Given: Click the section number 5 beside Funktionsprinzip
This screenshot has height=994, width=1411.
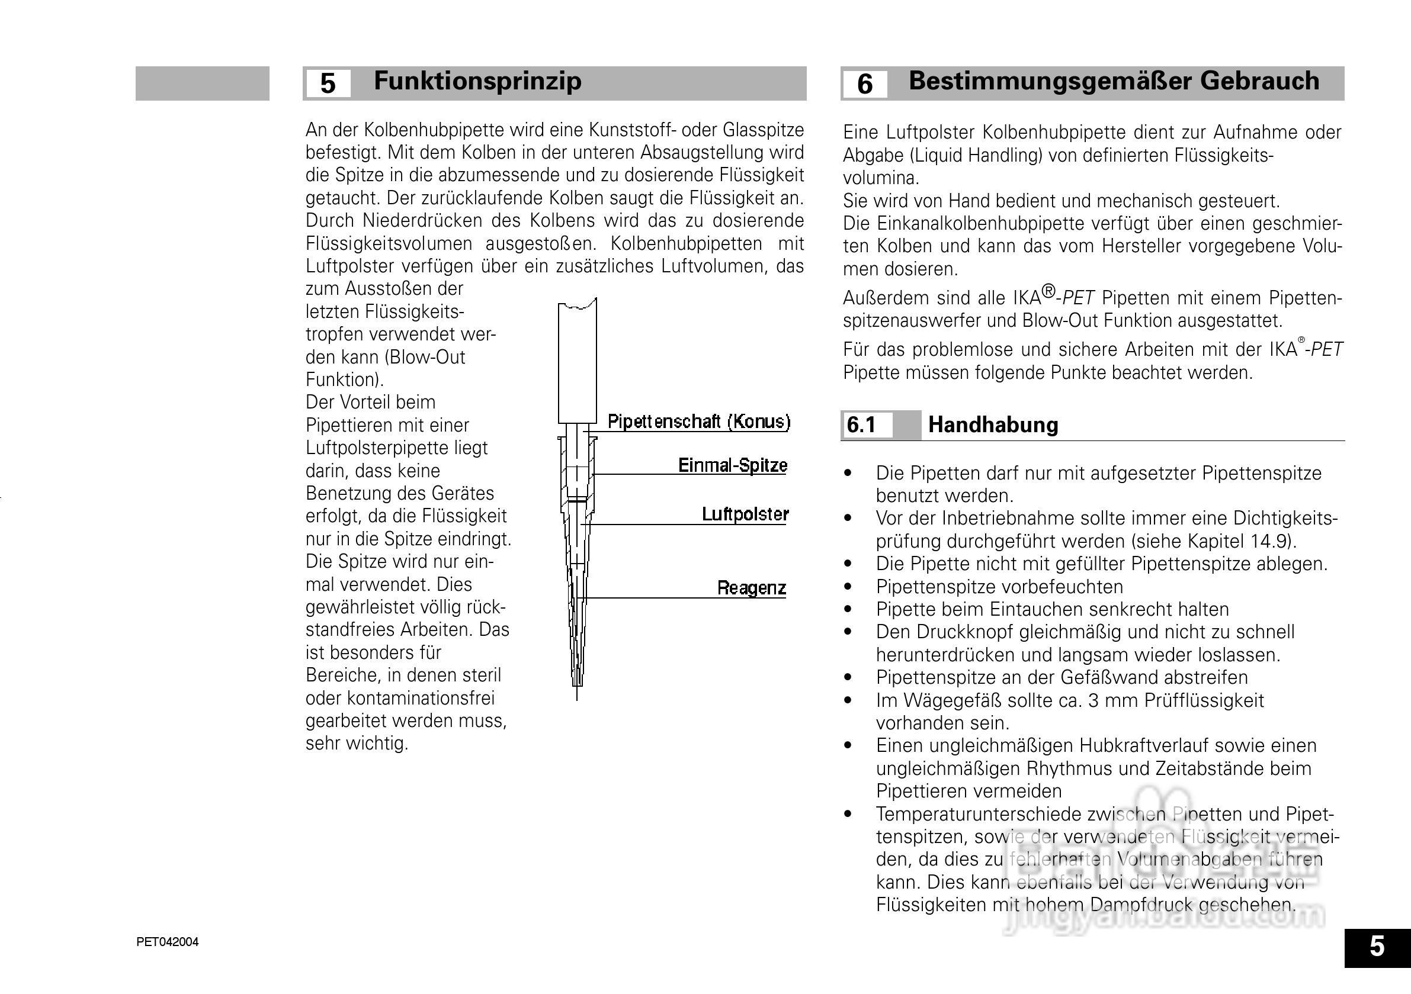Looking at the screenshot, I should pyautogui.click(x=328, y=83).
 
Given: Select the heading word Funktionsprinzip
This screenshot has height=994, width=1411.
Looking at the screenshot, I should pyautogui.click(x=477, y=81).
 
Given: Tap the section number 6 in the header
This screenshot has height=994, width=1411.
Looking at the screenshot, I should pyautogui.click(x=864, y=84).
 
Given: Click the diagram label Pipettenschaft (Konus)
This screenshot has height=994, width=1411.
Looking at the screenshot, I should pyautogui.click(x=699, y=422).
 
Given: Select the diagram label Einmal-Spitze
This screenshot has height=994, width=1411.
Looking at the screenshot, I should pyautogui.click(x=732, y=465).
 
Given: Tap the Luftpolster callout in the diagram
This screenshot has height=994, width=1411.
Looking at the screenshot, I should pyautogui.click(x=745, y=514).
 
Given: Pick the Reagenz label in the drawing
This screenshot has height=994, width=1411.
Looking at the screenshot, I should pyautogui.click(x=751, y=588).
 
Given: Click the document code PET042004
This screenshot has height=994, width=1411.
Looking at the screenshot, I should pyautogui.click(x=167, y=942).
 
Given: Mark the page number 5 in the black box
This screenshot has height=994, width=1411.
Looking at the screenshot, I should pyautogui.click(x=1377, y=947).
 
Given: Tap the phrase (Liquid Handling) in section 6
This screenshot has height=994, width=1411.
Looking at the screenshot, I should pyautogui.click(x=974, y=156).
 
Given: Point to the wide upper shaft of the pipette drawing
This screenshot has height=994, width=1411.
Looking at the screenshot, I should pyautogui.click(x=577, y=362).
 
